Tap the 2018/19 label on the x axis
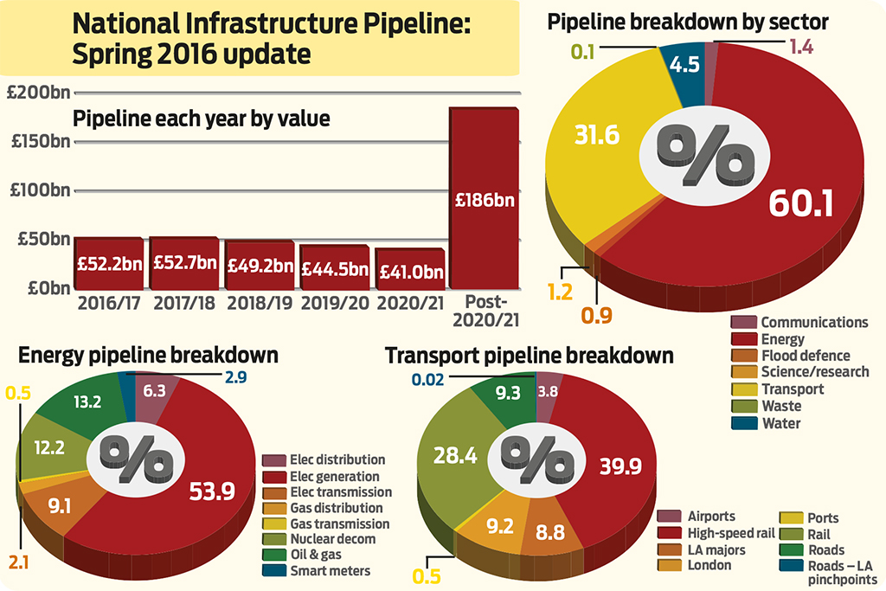pyautogui.click(x=259, y=304)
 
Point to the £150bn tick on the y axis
pyautogui.click(x=38, y=141)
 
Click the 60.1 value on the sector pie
pyautogui.click(x=800, y=203)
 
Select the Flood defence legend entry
pyautogui.click(x=805, y=356)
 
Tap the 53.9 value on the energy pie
pyautogui.click(x=212, y=492)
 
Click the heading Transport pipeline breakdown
pyautogui.click(x=530, y=356)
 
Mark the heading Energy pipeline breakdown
pyautogui.click(x=148, y=356)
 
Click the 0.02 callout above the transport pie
pyautogui.click(x=428, y=378)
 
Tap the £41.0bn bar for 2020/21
pyautogui.click(x=409, y=270)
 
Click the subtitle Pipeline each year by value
pyautogui.click(x=201, y=119)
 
